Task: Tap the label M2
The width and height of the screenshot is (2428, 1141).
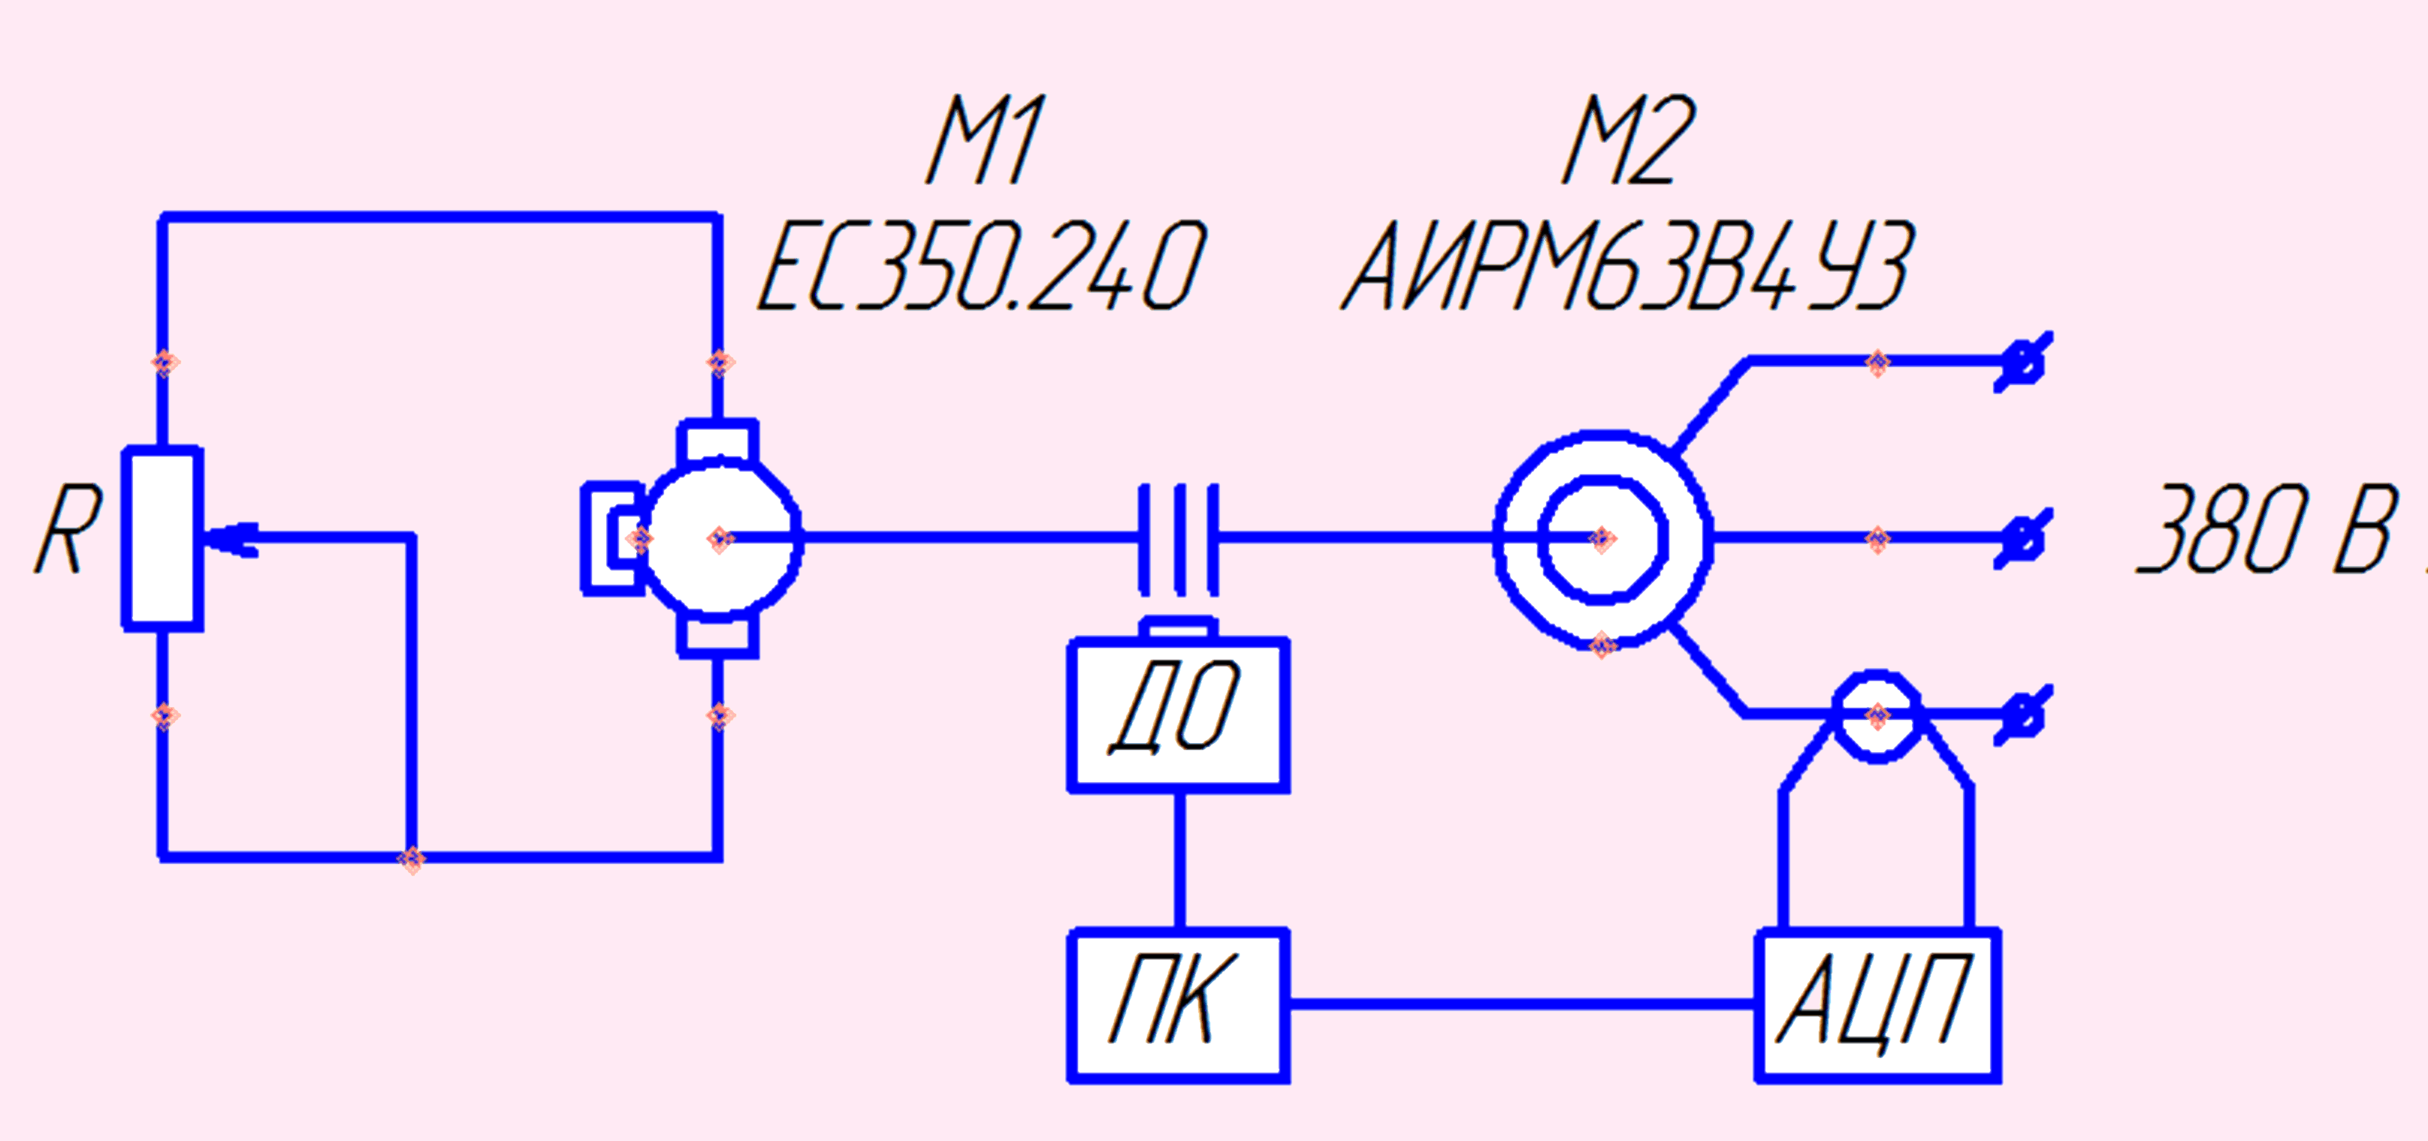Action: coord(1629,140)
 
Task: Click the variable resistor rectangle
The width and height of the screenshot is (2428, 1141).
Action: coord(163,538)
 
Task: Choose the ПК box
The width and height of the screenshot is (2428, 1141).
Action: coord(1178,1005)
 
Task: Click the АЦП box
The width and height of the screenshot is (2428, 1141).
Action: coord(1877,1005)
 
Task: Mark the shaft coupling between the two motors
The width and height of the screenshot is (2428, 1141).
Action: coord(1178,539)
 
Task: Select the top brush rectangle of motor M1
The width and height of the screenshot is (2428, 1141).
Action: coord(718,441)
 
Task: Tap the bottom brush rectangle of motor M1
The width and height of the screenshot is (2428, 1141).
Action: coord(718,636)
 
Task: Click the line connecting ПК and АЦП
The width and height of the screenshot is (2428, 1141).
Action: coord(1522,1004)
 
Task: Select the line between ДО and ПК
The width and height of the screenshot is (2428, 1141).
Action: coord(1179,861)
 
